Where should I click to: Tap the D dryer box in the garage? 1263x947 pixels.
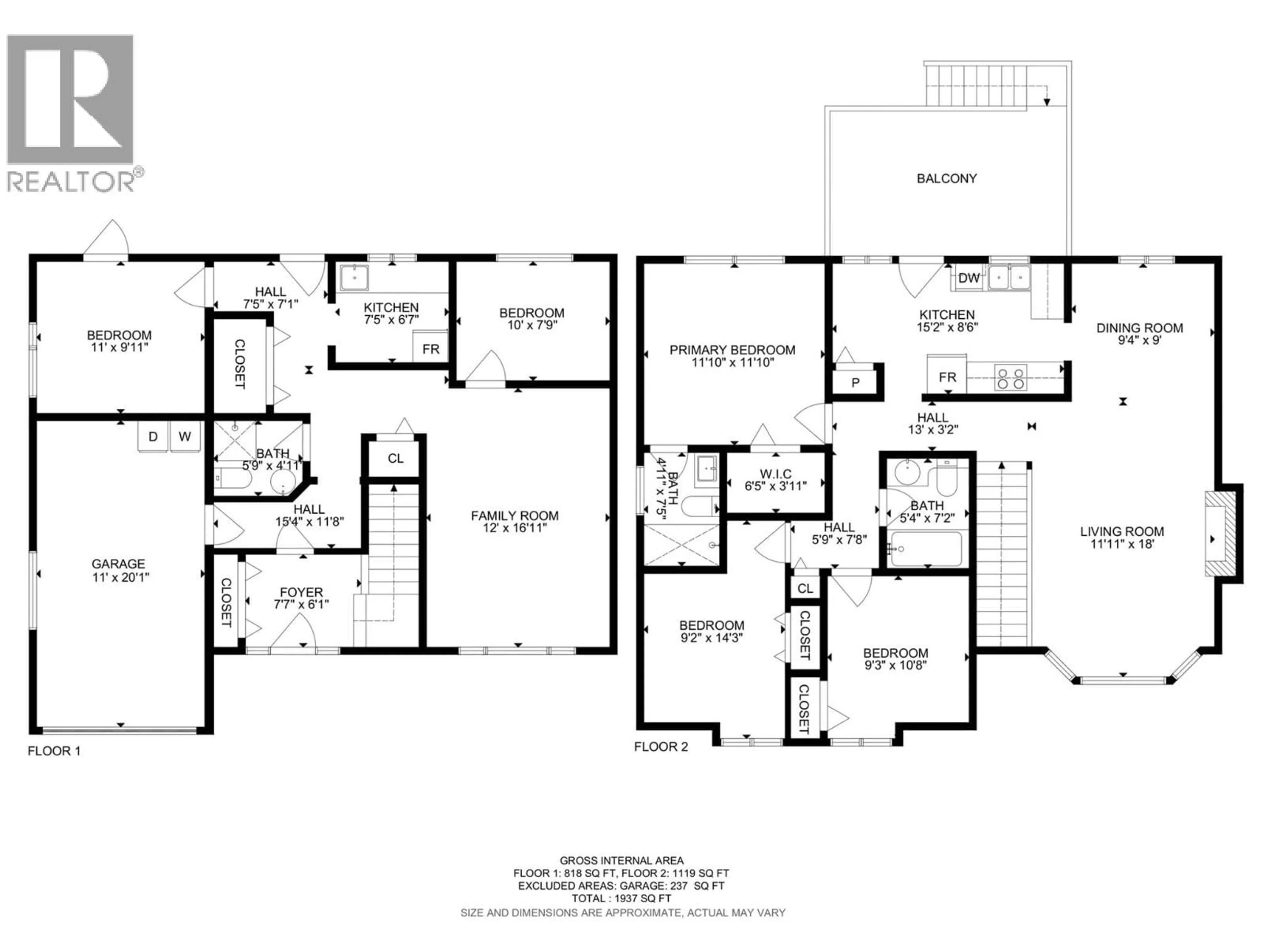[153, 437]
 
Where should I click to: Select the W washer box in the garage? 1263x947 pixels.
[185, 437]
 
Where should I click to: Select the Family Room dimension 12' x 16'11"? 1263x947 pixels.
[514, 528]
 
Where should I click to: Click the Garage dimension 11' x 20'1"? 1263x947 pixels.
[120, 577]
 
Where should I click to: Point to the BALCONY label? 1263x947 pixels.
[946, 179]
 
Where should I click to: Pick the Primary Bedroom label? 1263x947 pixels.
[732, 350]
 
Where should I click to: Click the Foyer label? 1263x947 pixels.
[301, 593]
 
